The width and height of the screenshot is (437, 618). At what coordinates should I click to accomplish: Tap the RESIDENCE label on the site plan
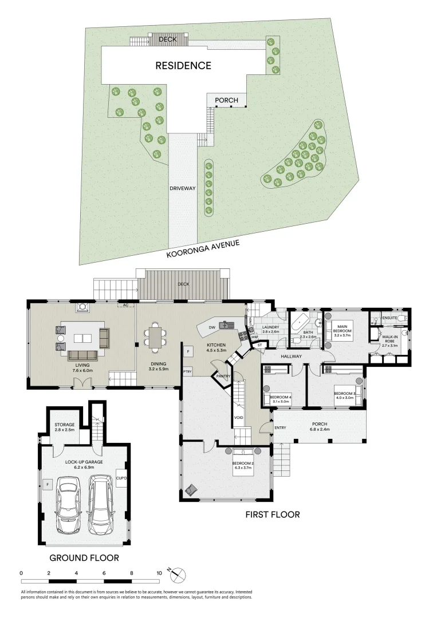183,66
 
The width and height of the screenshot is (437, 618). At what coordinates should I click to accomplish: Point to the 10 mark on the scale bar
159,572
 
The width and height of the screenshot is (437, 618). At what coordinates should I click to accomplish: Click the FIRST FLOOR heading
273,514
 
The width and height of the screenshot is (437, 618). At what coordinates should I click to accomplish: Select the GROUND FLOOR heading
84,557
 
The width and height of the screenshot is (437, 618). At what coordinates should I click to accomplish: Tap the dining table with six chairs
155,336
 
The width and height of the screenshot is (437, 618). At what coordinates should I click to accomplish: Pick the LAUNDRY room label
270,327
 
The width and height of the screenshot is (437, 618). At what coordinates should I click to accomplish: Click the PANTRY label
223,376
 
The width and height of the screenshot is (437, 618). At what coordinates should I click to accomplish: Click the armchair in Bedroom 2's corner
191,490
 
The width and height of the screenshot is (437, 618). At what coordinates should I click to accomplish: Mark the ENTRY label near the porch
280,428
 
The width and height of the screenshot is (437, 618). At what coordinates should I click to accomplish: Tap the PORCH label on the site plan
226,100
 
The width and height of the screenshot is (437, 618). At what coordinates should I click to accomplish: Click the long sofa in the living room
84,356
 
